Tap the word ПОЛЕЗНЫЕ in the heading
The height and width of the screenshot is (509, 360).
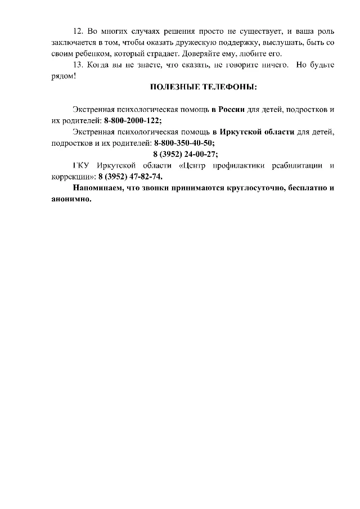pyautogui.click(x=174, y=87)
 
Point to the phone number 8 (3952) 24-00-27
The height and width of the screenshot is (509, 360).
pyautogui.click(x=185, y=154)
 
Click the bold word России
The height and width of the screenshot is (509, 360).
pyautogui.click(x=232, y=109)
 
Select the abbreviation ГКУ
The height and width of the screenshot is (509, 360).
pyautogui.click(x=82, y=165)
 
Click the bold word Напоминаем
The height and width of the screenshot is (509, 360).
pyautogui.click(x=96, y=188)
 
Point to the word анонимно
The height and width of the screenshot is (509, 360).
pyautogui.click(x=67, y=199)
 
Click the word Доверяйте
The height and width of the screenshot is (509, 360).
pyautogui.click(x=199, y=54)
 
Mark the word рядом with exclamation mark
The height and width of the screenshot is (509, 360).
pyautogui.click(x=62, y=75)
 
